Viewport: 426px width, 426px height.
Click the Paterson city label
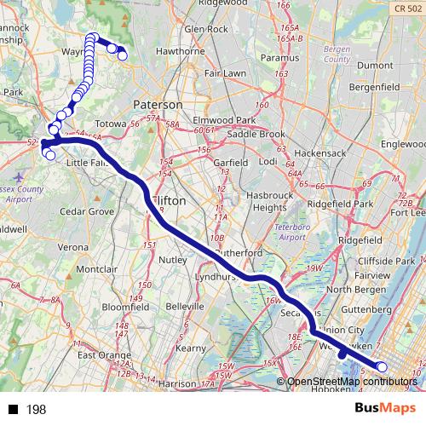(158, 103)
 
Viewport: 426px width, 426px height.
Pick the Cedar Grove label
(86, 210)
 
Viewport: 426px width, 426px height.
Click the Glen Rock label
(205, 29)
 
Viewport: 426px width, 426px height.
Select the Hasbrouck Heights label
(282, 201)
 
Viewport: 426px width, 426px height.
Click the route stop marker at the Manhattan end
(381, 367)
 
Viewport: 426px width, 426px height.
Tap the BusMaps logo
(387, 408)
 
